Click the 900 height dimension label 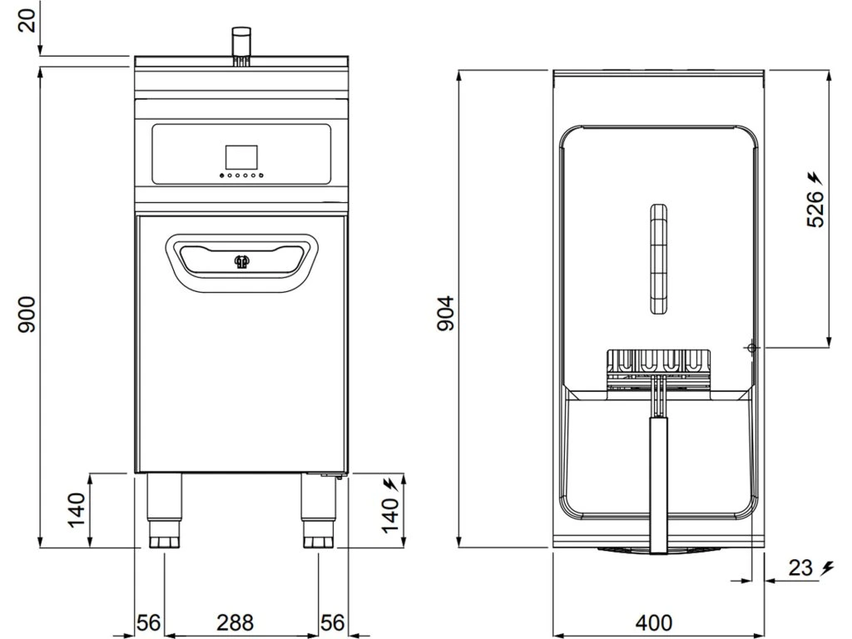(x=27, y=315)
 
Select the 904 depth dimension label (x=446, y=314)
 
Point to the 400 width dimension (x=654, y=622)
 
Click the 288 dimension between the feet (x=235, y=622)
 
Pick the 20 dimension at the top (x=27, y=21)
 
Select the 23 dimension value (x=800, y=568)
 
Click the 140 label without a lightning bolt (x=77, y=510)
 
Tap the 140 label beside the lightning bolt (x=390, y=515)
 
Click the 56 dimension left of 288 (x=148, y=622)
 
